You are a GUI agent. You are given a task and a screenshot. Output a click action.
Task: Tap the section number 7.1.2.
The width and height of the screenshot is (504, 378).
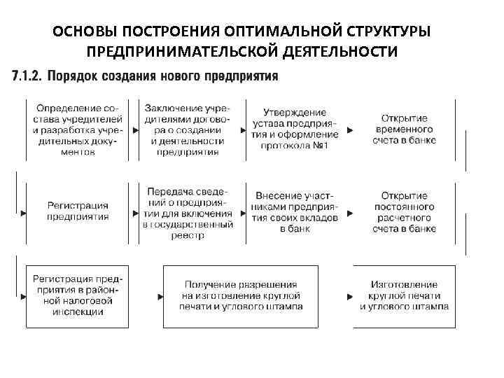pyautogui.click(x=27, y=75)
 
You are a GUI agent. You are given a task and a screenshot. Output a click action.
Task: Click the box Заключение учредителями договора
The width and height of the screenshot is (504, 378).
pyautogui.click(x=186, y=129)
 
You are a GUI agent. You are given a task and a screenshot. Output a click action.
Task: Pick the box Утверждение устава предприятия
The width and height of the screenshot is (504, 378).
pyautogui.click(x=295, y=129)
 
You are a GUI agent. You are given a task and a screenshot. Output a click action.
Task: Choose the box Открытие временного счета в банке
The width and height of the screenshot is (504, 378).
pyautogui.click(x=405, y=129)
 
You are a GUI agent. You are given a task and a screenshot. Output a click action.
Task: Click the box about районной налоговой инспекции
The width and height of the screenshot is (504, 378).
pyautogui.click(x=77, y=296)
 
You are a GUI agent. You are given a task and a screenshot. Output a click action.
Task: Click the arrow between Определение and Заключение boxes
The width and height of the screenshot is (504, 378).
pyautogui.click(x=133, y=130)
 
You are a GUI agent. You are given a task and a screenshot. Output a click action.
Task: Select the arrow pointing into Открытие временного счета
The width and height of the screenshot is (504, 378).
pyautogui.click(x=350, y=130)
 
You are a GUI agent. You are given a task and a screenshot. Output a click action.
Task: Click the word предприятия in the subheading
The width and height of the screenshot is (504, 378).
pyautogui.click(x=241, y=75)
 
